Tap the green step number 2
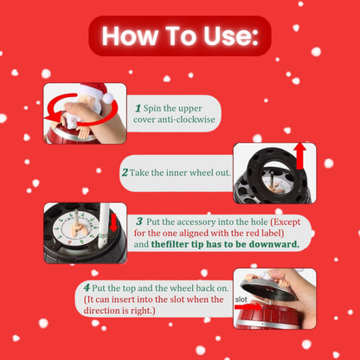125,173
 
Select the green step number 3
139,222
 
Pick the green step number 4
87,286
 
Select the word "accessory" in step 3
195,222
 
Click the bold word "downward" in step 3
273,245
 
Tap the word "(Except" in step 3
287,222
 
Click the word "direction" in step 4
104,312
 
